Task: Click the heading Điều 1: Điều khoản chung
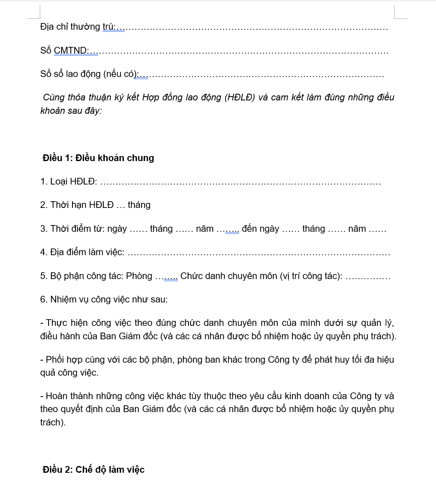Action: (98, 158)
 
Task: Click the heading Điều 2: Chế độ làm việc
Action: (93, 470)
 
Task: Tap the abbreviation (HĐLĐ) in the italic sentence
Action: (240, 97)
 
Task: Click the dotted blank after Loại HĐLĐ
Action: (241, 182)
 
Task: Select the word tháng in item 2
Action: (139, 205)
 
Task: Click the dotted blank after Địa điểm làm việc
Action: (258, 253)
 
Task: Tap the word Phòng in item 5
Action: (139, 276)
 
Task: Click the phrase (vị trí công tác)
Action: (311, 276)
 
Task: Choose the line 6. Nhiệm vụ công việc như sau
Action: (104, 300)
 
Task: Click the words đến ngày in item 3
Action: (260, 229)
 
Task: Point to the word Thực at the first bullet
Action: (56, 323)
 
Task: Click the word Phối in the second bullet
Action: (55, 360)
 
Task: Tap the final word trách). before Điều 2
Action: (53, 423)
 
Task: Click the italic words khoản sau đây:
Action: (71, 111)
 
